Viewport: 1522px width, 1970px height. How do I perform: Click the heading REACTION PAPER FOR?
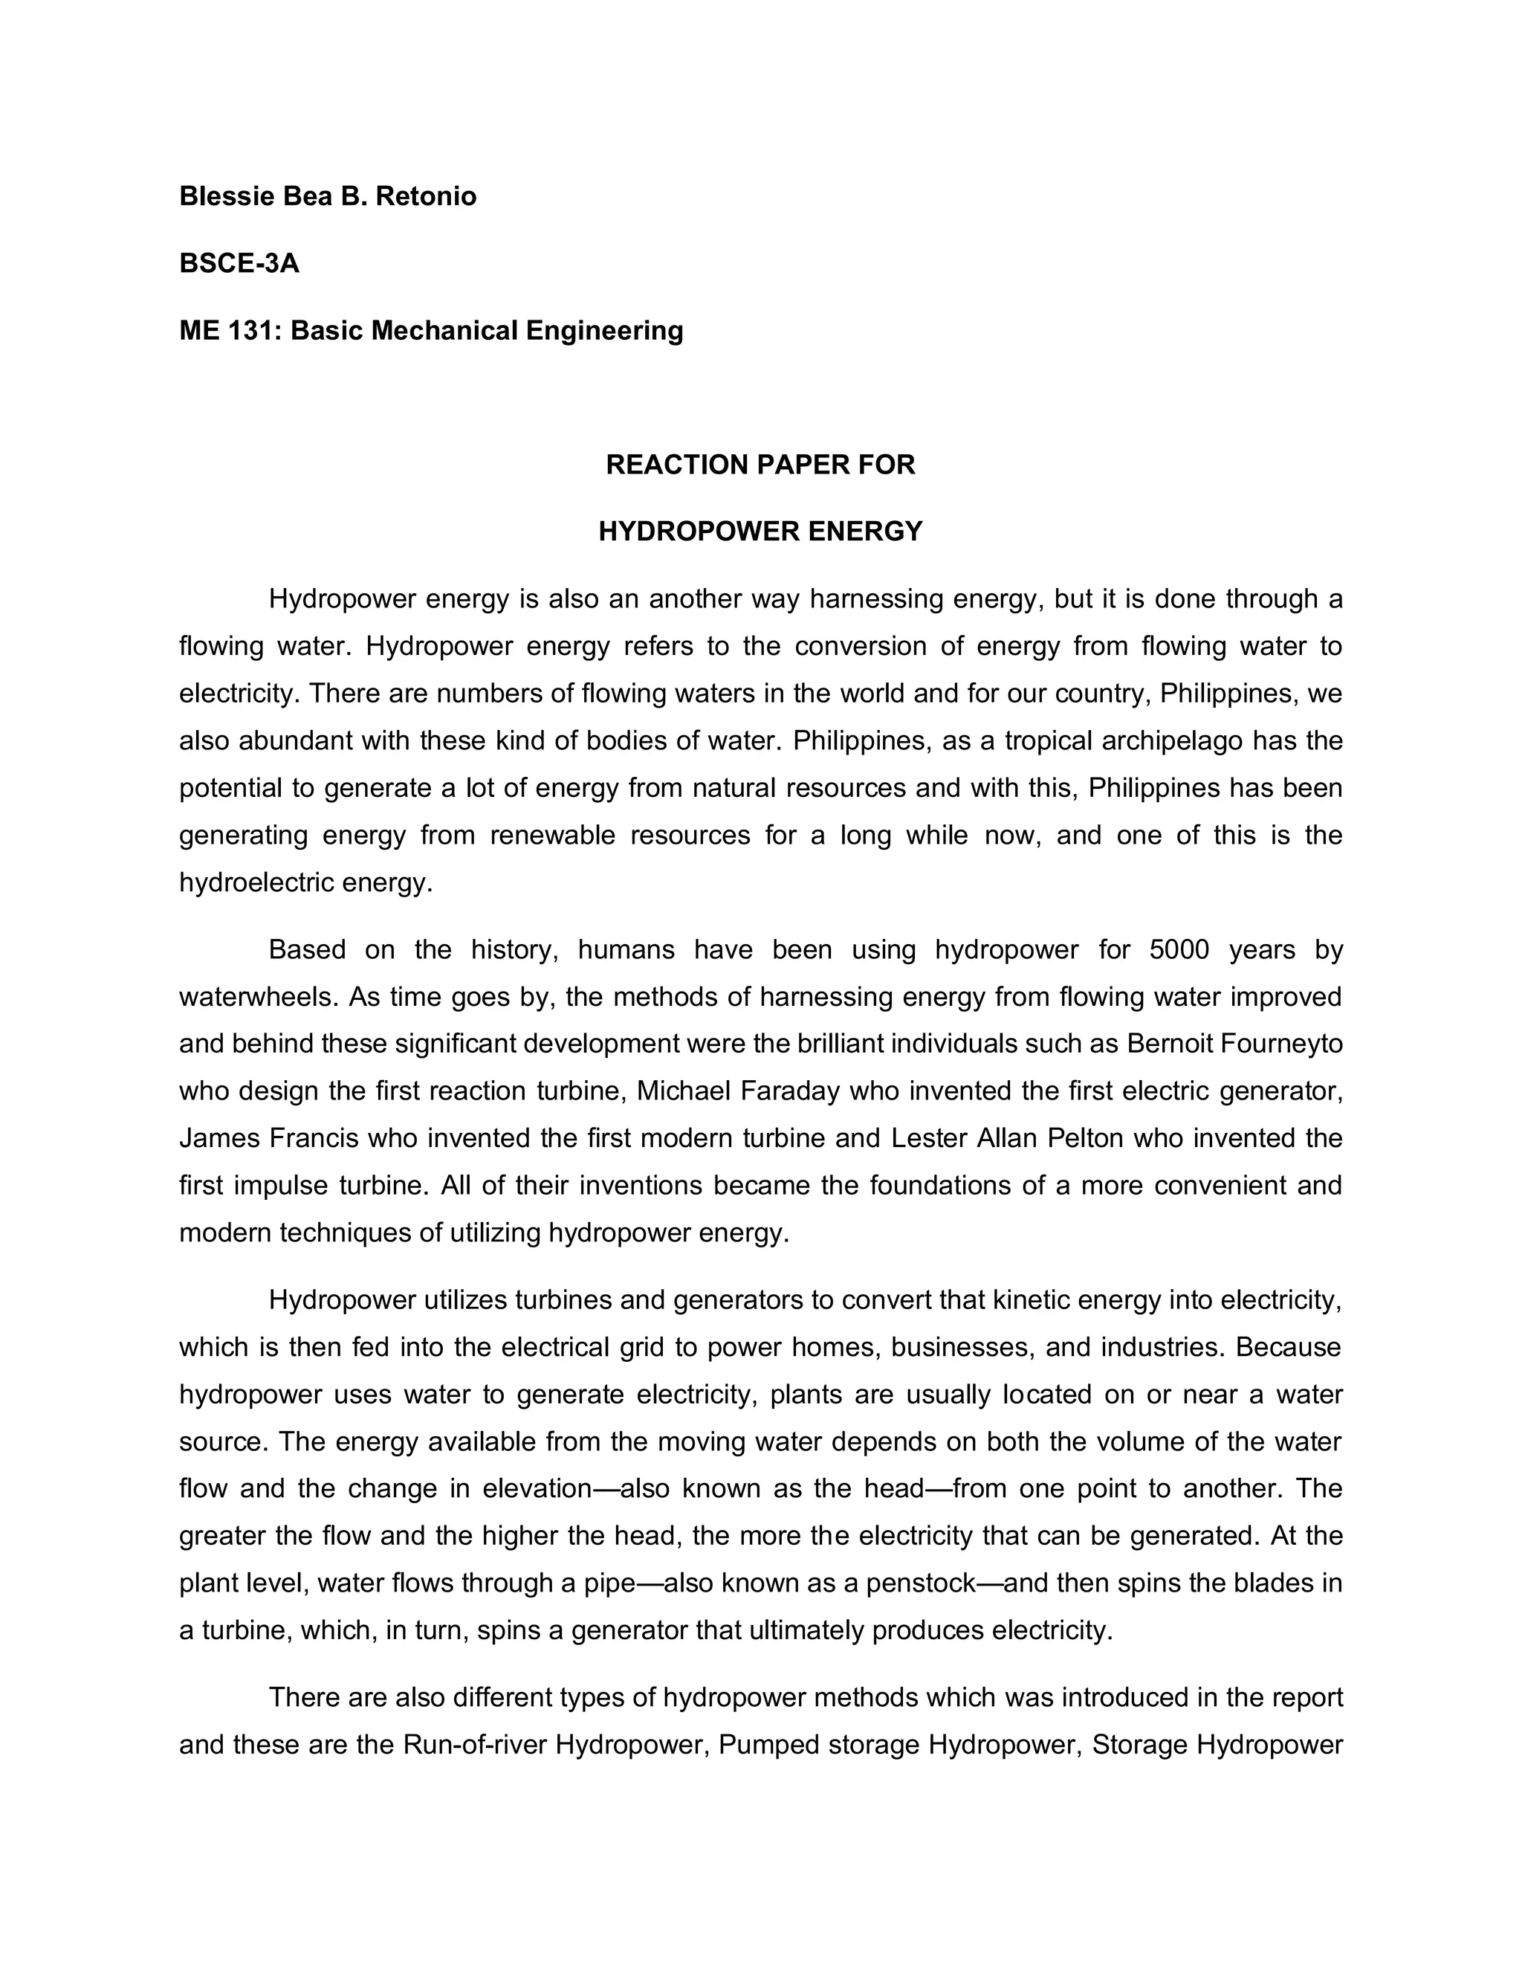pos(760,465)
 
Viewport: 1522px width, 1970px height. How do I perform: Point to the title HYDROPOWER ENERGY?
pos(760,532)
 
